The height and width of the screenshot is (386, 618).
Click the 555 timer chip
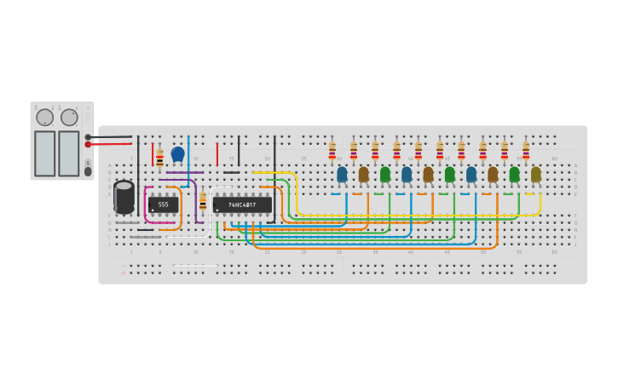(163, 205)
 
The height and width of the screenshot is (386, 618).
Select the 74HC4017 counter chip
(242, 205)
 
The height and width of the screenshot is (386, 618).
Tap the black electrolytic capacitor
(124, 197)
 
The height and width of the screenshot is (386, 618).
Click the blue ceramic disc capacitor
(177, 154)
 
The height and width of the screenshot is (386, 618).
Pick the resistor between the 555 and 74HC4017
(202, 201)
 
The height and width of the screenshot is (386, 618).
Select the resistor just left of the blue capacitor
(159, 158)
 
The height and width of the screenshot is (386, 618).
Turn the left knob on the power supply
(44, 118)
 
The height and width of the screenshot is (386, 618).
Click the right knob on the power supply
(69, 118)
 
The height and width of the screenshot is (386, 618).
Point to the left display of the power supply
(44, 153)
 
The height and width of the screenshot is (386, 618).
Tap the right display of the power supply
(69, 153)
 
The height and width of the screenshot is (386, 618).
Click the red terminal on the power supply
(88, 145)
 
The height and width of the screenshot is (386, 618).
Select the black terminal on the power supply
(88, 136)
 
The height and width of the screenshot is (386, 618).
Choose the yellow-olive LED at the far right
(535, 174)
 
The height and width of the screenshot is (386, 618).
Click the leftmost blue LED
(342, 174)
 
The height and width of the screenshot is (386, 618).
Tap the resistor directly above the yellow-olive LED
(526, 151)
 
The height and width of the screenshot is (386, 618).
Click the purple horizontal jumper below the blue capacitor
(179, 179)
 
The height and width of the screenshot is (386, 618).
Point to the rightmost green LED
(514, 174)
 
